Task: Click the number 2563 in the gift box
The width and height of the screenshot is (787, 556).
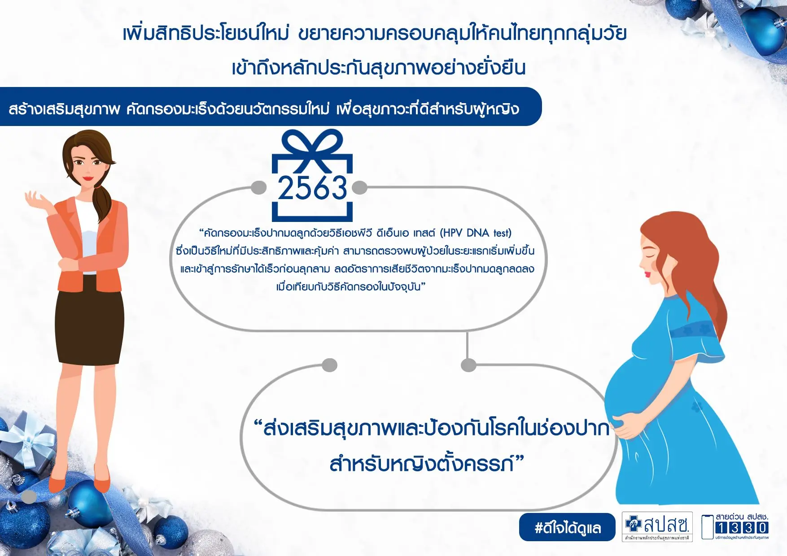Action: pyautogui.click(x=312, y=187)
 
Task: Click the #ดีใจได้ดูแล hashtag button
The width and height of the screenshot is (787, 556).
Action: pyautogui.click(x=567, y=527)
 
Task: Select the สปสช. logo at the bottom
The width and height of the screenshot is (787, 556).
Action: pyautogui.click(x=657, y=527)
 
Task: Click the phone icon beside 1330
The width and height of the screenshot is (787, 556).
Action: pyautogui.click(x=708, y=527)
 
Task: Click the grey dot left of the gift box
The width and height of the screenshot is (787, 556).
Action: pyautogui.click(x=259, y=187)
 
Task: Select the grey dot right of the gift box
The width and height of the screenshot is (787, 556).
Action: pyautogui.click(x=359, y=187)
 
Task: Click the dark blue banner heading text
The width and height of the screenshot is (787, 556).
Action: pyautogui.click(x=264, y=109)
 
